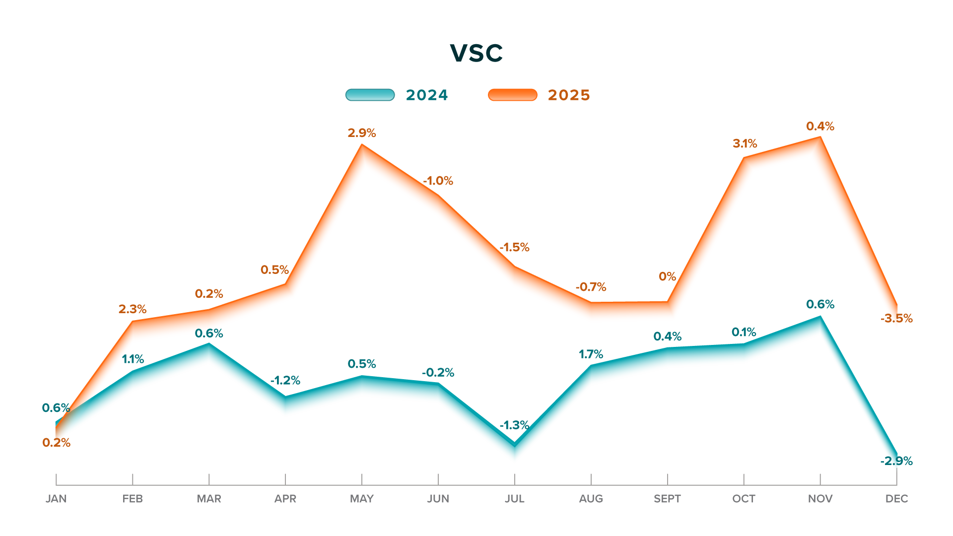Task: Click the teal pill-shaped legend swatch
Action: (x=370, y=95)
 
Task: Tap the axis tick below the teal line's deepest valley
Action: (x=518, y=479)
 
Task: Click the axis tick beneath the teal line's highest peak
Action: (x=822, y=479)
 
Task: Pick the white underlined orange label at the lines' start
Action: (x=61, y=442)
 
